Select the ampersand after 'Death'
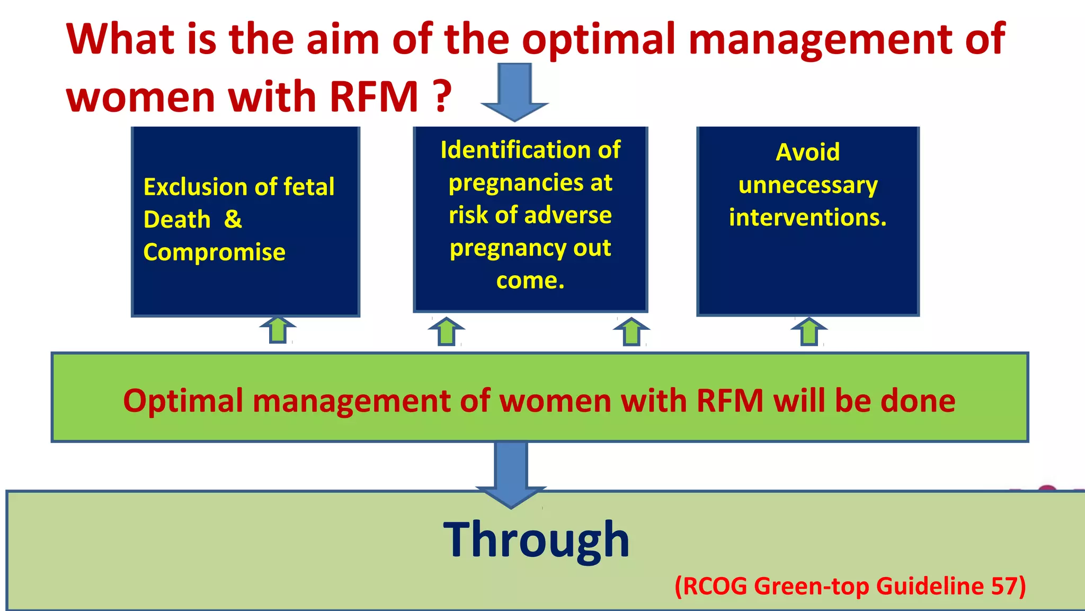(233, 219)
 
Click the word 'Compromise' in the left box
(214, 252)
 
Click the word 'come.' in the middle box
(530, 281)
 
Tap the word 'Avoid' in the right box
(807, 152)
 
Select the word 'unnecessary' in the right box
(807, 185)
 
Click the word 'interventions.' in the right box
(807, 217)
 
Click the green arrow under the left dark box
(278, 330)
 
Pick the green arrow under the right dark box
(809, 331)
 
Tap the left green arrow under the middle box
(447, 331)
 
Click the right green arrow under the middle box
(631, 331)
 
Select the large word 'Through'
(536, 540)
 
